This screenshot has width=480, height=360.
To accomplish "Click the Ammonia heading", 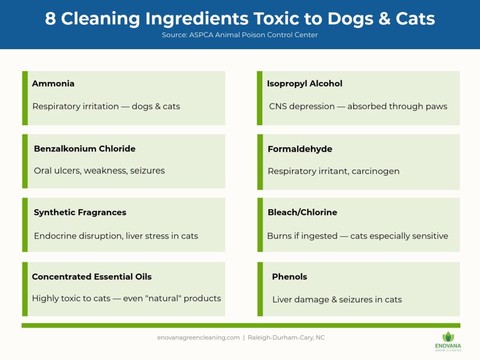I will pyautogui.click(x=53, y=83).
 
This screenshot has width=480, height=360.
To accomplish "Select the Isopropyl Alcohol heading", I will pyautogui.click(x=305, y=83).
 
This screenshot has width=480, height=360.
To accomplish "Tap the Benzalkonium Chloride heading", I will pyautogui.click(x=84, y=149).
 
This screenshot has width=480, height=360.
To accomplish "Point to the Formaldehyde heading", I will pyautogui.click(x=300, y=149).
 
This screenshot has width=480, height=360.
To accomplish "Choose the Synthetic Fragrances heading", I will pyautogui.click(x=80, y=212).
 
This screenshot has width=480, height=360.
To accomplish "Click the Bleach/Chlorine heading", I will pyautogui.click(x=302, y=212).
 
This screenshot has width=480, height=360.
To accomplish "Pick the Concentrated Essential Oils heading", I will pyautogui.click(x=92, y=277).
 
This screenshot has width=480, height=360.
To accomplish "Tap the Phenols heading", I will pyautogui.click(x=290, y=277).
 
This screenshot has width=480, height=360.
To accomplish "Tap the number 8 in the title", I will pyautogui.click(x=50, y=19).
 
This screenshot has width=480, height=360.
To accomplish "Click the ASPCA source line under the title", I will pyautogui.click(x=240, y=35).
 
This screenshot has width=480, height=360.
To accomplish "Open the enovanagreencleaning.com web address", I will pyautogui.click(x=198, y=337).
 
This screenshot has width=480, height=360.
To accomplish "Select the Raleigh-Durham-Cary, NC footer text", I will pyautogui.click(x=286, y=337).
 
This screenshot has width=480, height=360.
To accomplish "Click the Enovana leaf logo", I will pyautogui.click(x=448, y=337).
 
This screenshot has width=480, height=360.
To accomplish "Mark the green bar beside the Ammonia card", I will pyautogui.click(x=25, y=98).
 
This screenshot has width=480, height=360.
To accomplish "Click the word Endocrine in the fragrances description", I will pyautogui.click(x=53, y=236).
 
